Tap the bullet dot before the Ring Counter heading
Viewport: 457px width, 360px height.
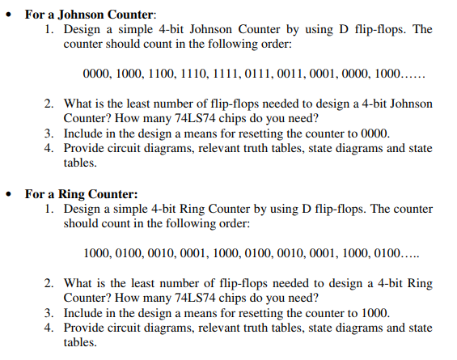click(8, 194)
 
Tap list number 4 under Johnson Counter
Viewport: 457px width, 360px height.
click(48, 148)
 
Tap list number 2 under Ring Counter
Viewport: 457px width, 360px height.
click(48, 283)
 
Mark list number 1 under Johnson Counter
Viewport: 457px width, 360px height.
click(48, 29)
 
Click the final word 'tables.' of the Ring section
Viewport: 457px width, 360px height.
click(79, 342)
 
